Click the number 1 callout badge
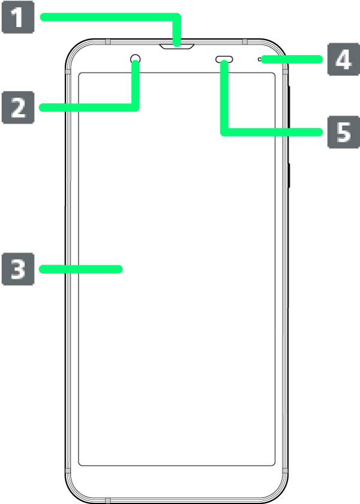coord(18,17)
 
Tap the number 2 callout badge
coord(18,107)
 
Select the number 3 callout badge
coord(18,269)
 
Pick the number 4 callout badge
coord(343,59)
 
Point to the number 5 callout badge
coord(343,132)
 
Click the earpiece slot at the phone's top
coord(177,47)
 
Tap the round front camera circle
coord(136,59)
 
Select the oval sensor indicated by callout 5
coord(224,59)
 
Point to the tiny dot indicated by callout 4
coord(259,59)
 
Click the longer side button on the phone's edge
coord(289,107)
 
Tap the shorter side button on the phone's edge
coord(289,175)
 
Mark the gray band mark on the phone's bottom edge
coord(107,500)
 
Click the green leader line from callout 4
coord(292,59)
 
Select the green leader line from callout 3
coord(80,269)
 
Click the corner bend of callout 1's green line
coord(176,17)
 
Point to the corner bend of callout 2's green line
coord(136,107)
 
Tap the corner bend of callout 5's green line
coord(224,132)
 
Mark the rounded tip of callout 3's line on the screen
coord(119,269)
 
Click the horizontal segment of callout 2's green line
coord(89,107)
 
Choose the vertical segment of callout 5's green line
coord(224,98)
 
